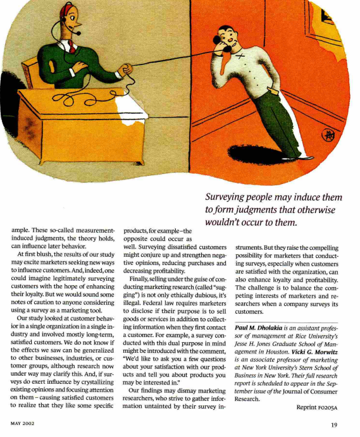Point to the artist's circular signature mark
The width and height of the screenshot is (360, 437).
tap(328, 135)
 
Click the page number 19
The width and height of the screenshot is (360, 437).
tap(333, 425)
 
